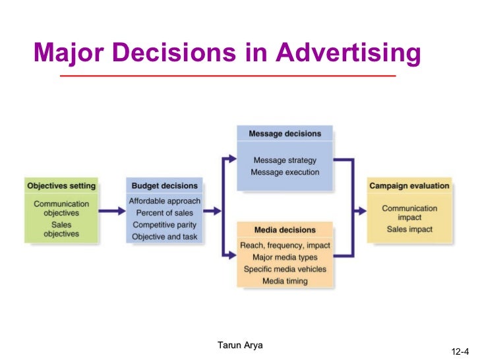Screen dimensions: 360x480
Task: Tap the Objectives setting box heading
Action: pos(61,186)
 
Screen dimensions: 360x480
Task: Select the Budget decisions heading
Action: pos(164,186)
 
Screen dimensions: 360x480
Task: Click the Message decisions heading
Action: pos(285,134)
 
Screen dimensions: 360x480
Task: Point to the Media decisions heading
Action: pos(285,230)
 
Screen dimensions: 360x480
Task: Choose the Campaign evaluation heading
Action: pos(409,186)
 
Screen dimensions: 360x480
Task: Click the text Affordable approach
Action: pos(164,201)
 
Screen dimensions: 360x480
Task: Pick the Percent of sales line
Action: pos(164,213)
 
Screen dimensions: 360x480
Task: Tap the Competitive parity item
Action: pos(164,225)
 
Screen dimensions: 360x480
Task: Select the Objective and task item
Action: pos(164,237)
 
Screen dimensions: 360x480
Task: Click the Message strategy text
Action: pos(285,160)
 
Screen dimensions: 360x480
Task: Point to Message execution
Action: pos(285,172)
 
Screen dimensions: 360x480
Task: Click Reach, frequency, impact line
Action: pos(285,246)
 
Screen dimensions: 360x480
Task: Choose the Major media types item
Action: pos(285,258)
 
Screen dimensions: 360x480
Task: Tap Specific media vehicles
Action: pos(285,270)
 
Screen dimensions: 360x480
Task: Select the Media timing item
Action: pos(285,282)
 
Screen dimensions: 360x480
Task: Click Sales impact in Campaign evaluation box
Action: pos(409,229)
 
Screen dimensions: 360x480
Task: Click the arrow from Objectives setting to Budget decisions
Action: pos(112,211)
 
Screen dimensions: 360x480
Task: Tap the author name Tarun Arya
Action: pos(240,345)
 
